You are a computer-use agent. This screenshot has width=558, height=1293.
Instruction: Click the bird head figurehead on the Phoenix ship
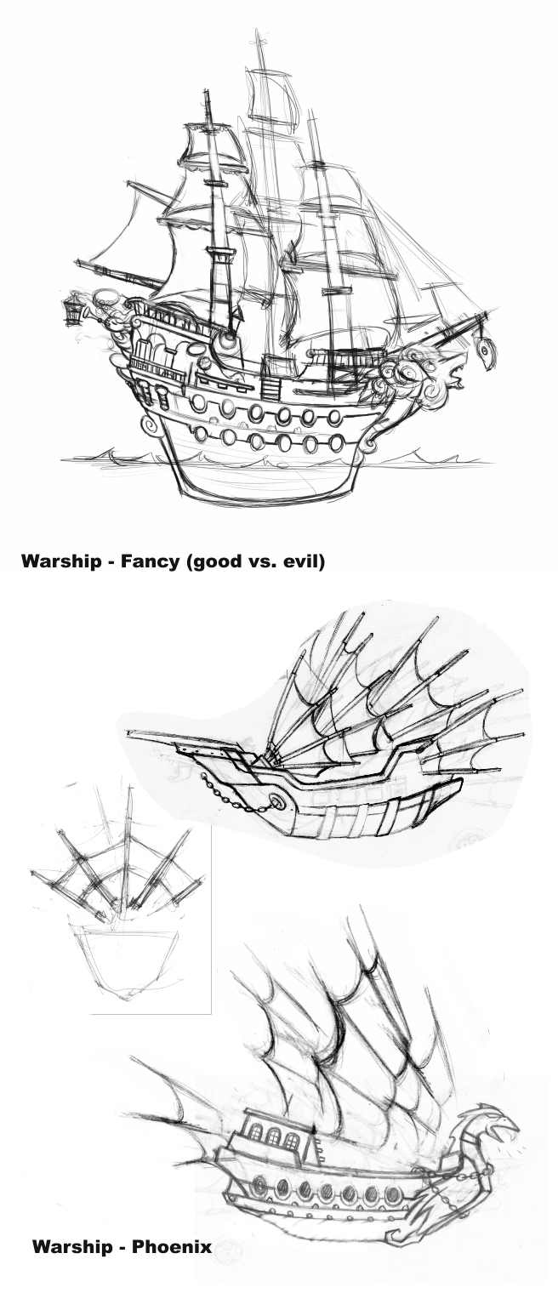click(x=494, y=1121)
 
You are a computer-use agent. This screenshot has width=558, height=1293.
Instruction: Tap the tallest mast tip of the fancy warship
click(x=256, y=34)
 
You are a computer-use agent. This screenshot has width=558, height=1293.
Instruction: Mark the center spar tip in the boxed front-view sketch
click(x=128, y=789)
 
